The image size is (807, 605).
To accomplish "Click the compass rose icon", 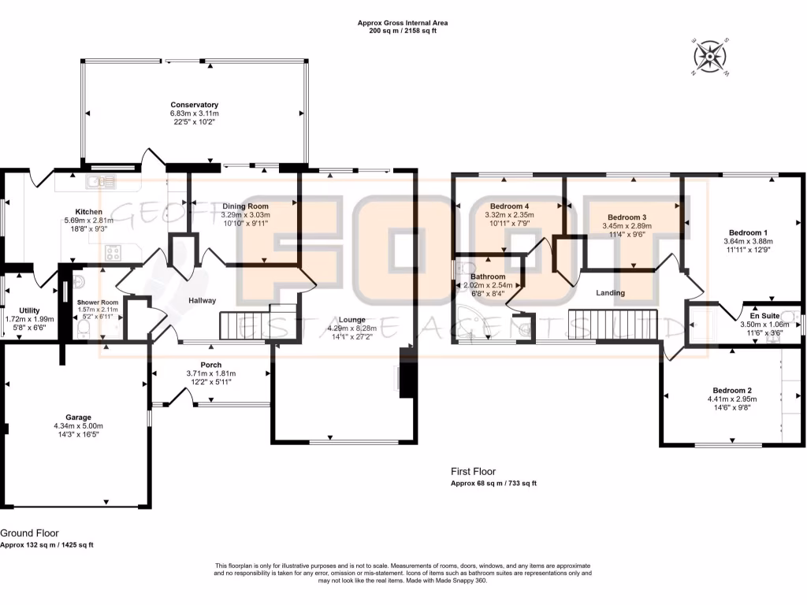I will (x=712, y=57).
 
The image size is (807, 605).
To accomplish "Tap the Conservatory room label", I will (x=194, y=105).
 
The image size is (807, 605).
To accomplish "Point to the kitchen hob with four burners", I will (x=113, y=254).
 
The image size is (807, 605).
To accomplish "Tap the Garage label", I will (x=78, y=418).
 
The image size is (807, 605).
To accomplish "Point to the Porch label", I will (x=210, y=365).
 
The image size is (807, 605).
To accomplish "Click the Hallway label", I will (x=202, y=300).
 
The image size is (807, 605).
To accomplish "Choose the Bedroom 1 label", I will (x=748, y=232).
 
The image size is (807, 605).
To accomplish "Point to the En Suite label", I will (x=764, y=315).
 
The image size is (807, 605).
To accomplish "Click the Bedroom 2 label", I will (x=732, y=390).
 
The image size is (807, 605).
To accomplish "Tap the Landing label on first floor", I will (x=610, y=293).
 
